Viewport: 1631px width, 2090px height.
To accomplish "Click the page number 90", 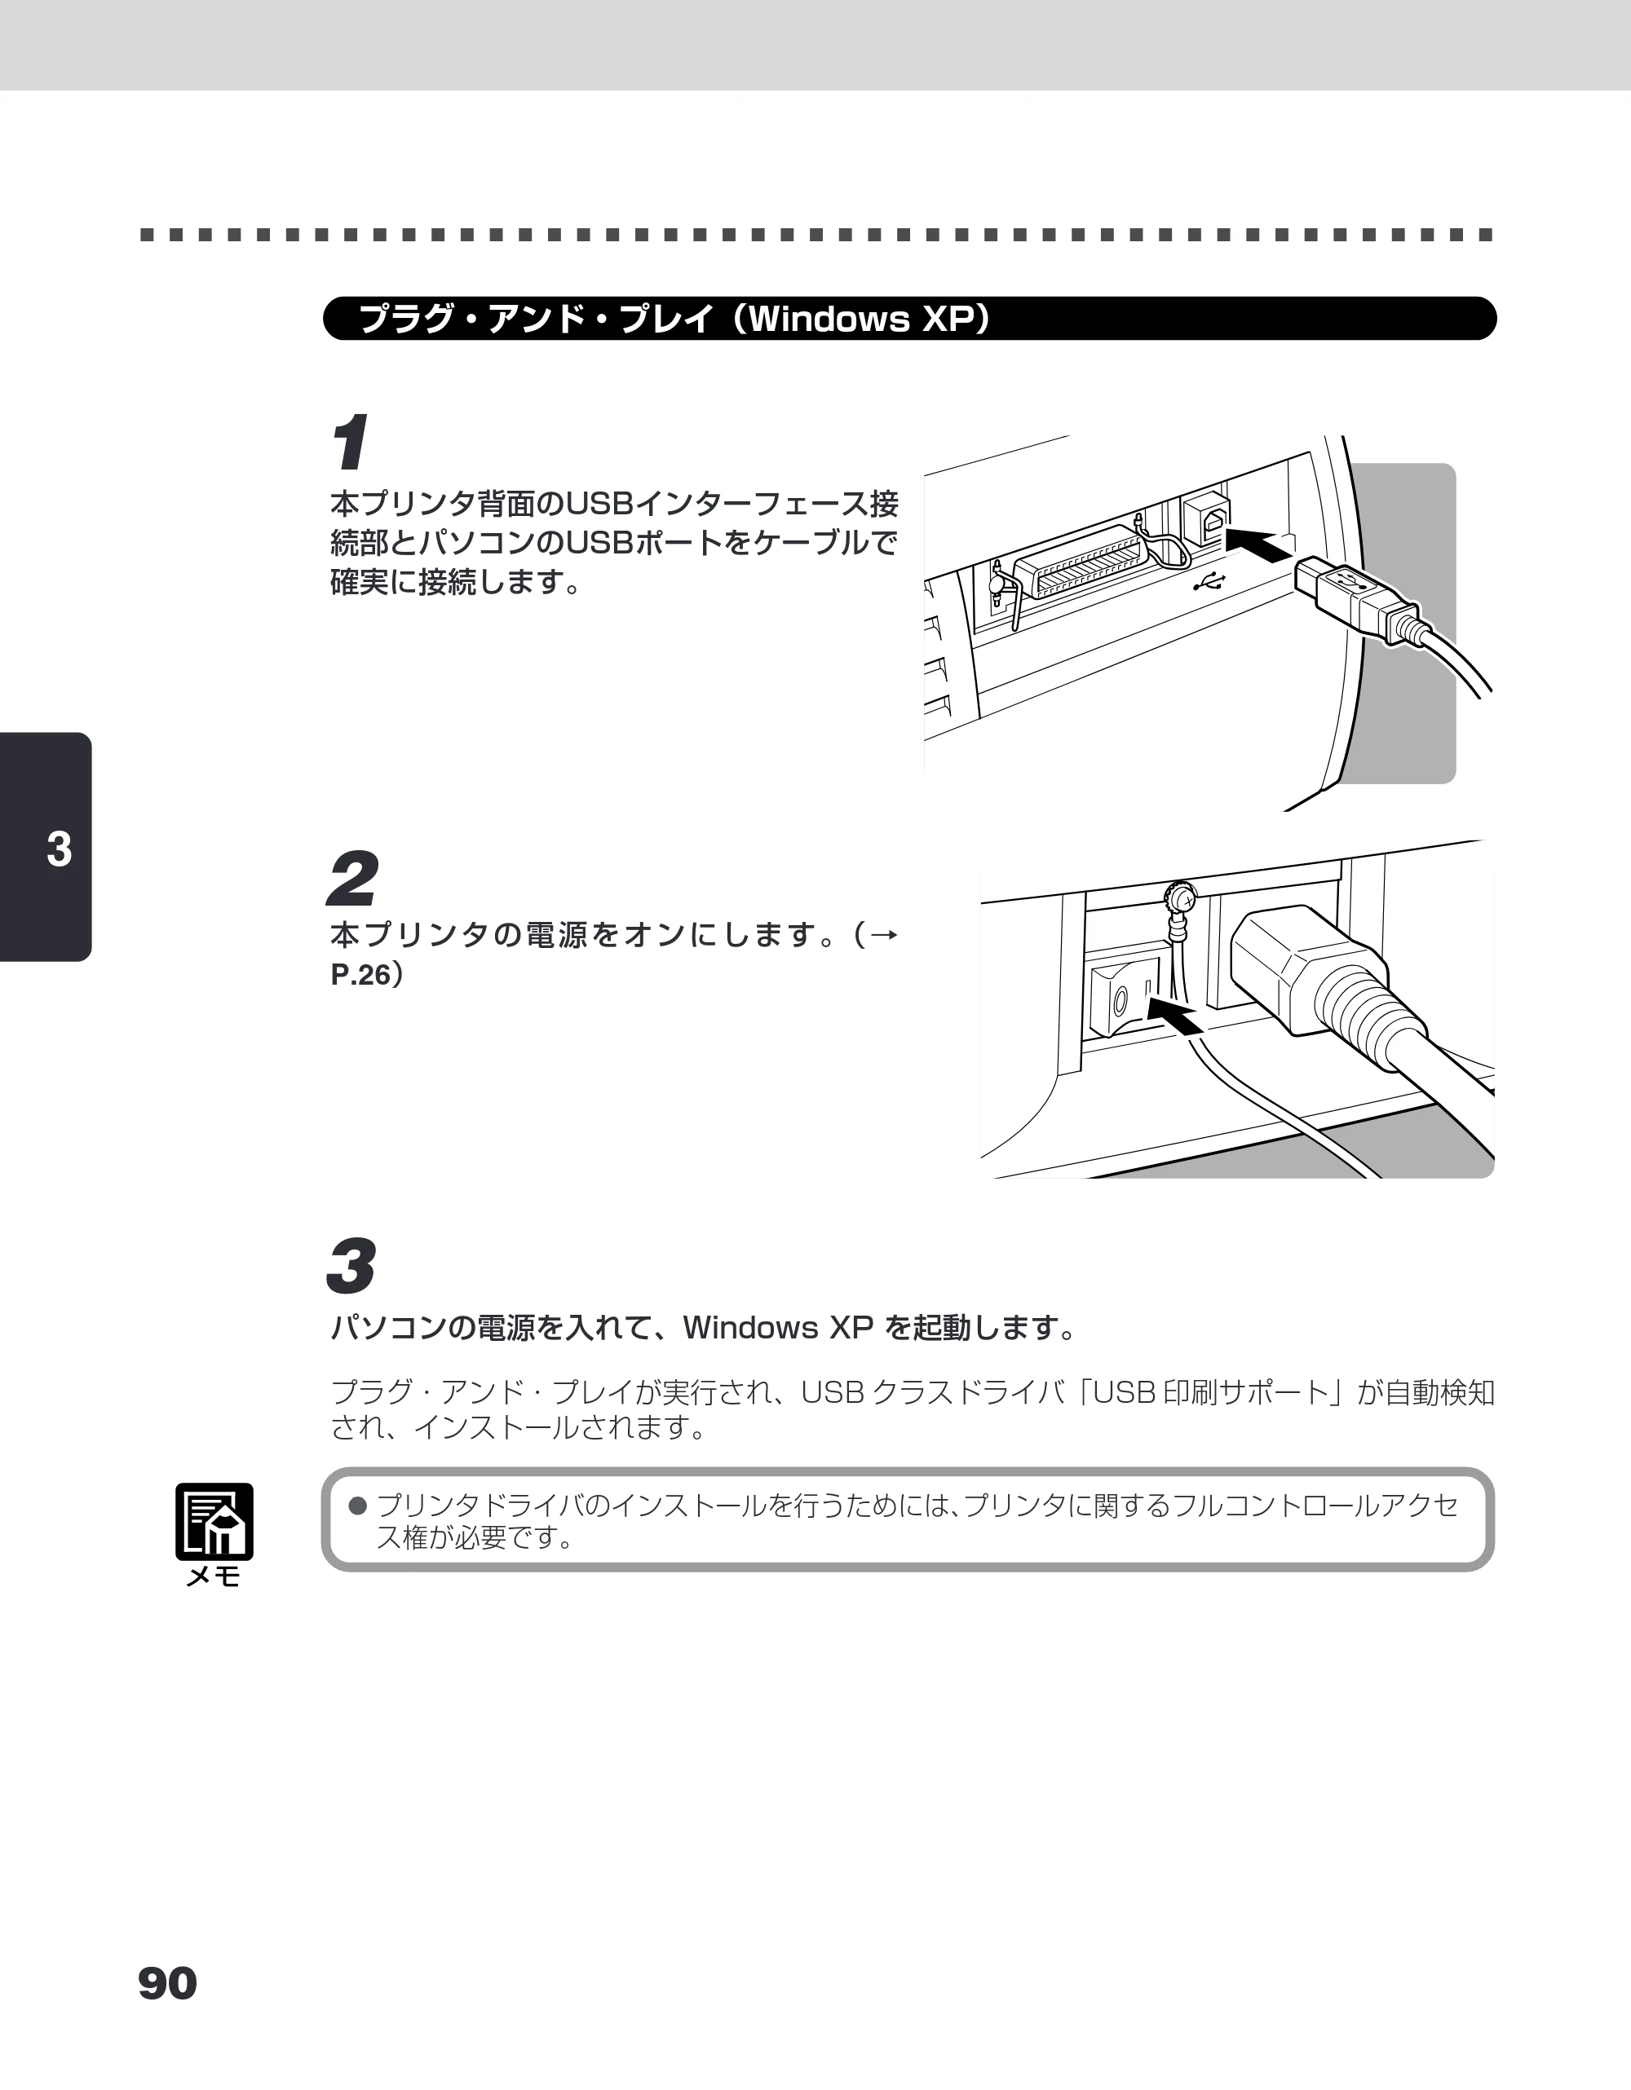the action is tap(167, 1984).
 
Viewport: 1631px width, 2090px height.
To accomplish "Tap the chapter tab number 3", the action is tap(60, 849).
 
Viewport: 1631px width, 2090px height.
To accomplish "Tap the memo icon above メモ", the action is tap(214, 1522).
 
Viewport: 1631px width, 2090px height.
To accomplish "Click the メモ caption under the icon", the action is tap(214, 1577).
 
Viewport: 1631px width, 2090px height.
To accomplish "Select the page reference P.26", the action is tap(360, 975).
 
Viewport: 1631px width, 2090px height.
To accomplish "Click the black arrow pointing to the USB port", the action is tap(1261, 545).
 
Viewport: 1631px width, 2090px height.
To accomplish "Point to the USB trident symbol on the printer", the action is tap(1210, 581).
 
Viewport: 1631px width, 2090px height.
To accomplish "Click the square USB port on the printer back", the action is tap(1207, 518).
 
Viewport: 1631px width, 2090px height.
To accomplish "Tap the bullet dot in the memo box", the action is tap(358, 1506).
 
